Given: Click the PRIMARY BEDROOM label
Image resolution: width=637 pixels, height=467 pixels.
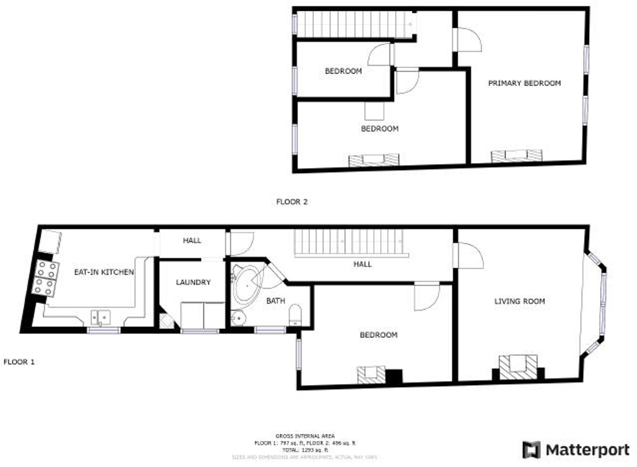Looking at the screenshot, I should pos(524,83).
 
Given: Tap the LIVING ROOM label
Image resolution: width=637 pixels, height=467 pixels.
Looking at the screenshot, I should pos(519,301).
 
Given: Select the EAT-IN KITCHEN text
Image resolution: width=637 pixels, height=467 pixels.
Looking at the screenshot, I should pos(104,272).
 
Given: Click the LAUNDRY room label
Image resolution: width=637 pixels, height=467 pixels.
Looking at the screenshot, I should pos(193,282).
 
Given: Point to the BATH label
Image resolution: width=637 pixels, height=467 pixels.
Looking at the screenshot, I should pos(276,301).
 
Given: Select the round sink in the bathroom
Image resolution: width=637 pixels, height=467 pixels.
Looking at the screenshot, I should pos(238,318).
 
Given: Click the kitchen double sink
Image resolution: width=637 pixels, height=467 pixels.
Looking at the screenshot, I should pos(101,317).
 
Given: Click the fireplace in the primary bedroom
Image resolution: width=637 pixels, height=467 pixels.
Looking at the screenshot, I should pos(517,156).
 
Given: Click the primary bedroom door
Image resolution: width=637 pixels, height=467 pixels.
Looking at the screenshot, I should pos(469,40).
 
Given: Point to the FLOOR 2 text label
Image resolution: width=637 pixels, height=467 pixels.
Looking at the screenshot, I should pos(292,202).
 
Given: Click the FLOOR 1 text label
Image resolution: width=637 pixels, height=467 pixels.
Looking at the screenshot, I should pos(19,362).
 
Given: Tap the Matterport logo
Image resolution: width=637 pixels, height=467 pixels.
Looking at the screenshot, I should pos(576,450).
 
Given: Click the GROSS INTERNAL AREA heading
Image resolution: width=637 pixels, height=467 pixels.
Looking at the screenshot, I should pos(305,436).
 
